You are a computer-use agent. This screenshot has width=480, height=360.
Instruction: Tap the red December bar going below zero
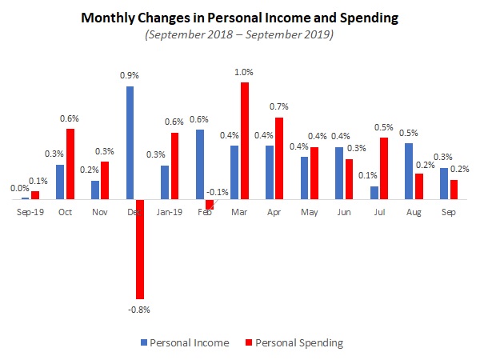click(x=140, y=249)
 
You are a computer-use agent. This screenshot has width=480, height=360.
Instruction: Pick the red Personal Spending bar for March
click(x=244, y=141)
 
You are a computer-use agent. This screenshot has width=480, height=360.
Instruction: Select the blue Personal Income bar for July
click(x=374, y=193)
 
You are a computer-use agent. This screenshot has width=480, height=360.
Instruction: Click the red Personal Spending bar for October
click(x=70, y=164)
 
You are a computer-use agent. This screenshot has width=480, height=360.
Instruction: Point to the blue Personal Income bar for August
click(x=409, y=171)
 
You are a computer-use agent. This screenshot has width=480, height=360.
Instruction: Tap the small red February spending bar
click(x=210, y=204)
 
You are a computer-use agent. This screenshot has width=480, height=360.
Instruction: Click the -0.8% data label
click(x=140, y=309)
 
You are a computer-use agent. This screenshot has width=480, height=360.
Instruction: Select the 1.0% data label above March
click(x=244, y=73)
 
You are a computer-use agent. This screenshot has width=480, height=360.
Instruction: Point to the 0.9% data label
click(x=130, y=76)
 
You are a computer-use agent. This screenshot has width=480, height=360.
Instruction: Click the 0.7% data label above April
click(x=279, y=107)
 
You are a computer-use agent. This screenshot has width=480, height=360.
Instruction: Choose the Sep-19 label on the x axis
click(x=30, y=214)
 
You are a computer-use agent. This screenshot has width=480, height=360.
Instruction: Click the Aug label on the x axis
click(x=414, y=214)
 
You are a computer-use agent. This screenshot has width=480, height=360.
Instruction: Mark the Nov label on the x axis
click(x=100, y=214)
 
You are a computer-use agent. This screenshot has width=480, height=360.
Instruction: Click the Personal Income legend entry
click(x=190, y=342)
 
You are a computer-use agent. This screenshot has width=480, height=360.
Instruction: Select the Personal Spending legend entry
click(x=295, y=342)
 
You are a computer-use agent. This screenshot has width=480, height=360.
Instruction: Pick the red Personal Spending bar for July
click(x=384, y=168)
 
